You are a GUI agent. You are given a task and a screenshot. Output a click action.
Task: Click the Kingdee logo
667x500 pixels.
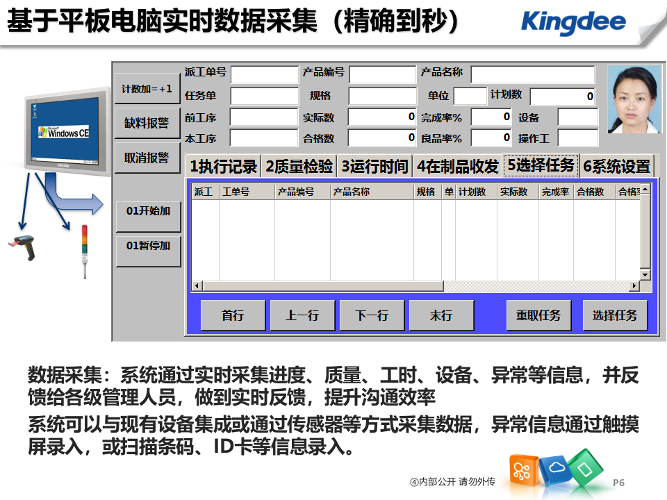pos(573,22)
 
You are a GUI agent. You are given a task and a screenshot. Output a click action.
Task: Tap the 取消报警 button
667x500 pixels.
pos(147,158)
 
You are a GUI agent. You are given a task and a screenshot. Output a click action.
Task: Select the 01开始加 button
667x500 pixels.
pos(148,210)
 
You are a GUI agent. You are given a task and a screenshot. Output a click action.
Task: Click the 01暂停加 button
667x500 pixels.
pos(148,246)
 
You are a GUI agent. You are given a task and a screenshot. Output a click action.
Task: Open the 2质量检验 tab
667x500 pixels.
pos(299,166)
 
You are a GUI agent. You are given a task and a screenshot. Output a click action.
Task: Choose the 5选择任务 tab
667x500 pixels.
pos(541,165)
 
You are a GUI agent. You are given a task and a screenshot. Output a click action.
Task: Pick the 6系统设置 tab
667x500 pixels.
pos(616,167)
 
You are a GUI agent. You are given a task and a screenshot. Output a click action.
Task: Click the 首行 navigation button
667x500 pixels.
pos(233,315)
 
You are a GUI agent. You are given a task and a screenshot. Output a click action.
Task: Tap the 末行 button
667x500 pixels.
pos(441,315)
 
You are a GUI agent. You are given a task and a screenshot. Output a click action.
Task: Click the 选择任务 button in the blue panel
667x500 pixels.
pos(615,315)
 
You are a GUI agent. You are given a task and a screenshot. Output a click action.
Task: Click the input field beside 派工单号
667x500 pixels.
pos(264,74)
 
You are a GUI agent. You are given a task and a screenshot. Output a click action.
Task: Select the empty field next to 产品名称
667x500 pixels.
pos(533,74)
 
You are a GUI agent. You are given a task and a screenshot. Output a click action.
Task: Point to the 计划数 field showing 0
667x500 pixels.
pos(563,97)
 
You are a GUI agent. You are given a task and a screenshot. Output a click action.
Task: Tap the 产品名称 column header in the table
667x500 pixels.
pos(351,192)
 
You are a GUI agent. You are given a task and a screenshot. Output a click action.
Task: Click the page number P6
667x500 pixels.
pos(619,482)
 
